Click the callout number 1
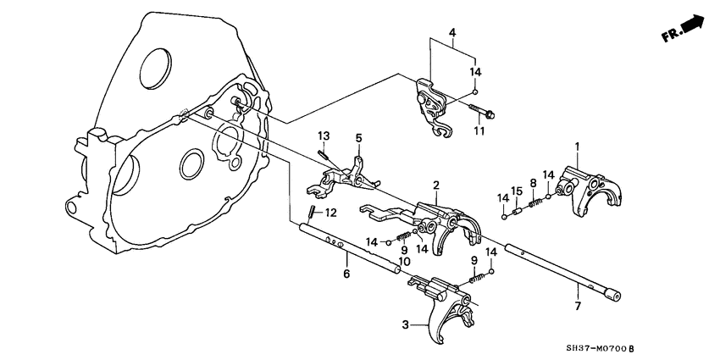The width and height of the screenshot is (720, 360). click(579, 147)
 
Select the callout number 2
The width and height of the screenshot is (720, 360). click(435, 185)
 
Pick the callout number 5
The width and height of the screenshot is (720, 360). click(358, 137)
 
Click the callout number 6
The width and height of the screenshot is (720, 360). click(345, 274)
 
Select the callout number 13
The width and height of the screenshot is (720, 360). click(323, 136)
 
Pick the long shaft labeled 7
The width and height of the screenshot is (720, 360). click(563, 269)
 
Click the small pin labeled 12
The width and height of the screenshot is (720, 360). click(312, 212)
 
